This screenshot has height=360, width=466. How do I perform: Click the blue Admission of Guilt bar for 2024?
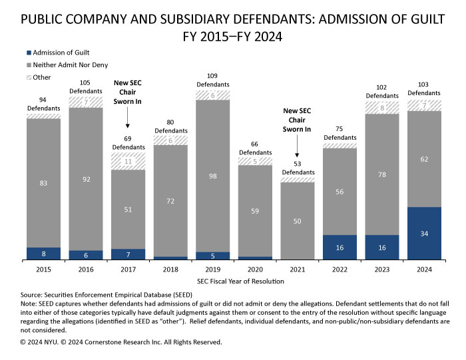[x=424, y=233]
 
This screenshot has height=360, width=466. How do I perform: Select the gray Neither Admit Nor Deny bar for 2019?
[x=213, y=176]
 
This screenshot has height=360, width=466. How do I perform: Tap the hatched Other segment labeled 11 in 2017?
[x=128, y=161]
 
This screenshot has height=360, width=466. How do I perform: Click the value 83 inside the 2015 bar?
[x=44, y=182]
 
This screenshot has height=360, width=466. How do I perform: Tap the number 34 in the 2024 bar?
[x=424, y=233]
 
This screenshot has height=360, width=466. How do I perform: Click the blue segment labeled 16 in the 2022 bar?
[x=340, y=247]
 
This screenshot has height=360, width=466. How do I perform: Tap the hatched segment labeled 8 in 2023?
[x=382, y=107]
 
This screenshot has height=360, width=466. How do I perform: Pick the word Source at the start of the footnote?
[x=33, y=293]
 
